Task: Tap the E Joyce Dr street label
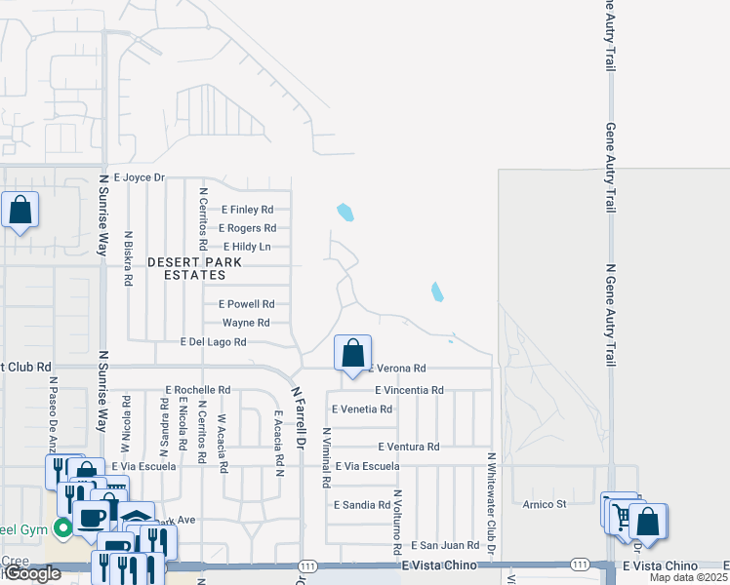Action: pos(140,177)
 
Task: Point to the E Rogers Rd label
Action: pos(247,228)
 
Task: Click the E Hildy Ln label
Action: pos(246,247)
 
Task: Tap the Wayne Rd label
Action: pos(246,323)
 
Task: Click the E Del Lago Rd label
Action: pos(214,342)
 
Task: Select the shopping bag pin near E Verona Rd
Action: pos(353,354)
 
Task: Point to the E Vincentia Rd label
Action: pos(409,390)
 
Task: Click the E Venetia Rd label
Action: pos(362,409)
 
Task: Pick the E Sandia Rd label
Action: pos(361,506)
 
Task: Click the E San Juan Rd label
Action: pos(445,546)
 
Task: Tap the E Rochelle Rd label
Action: pos(197,390)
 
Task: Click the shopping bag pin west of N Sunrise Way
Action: pos(20,211)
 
